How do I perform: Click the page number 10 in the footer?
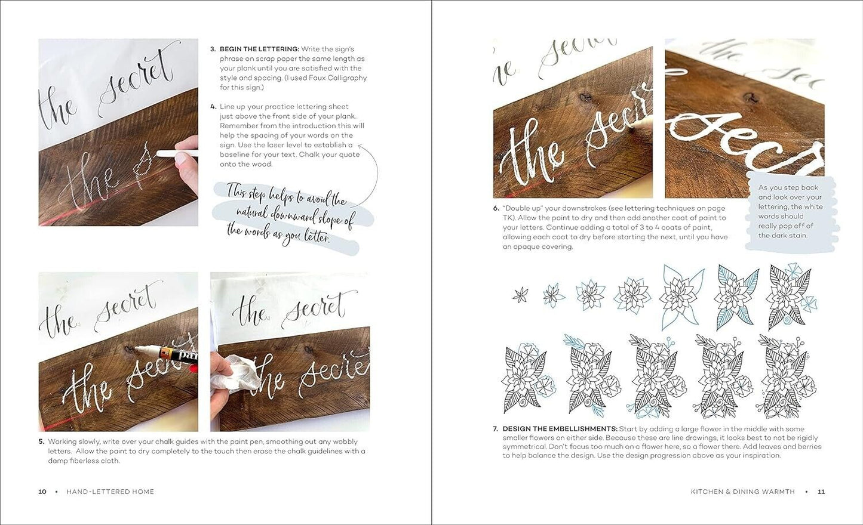(42, 492)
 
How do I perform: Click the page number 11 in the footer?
(821, 492)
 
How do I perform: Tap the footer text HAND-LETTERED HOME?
(110, 492)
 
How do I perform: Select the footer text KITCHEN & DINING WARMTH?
(742, 492)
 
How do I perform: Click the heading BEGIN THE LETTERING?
(259, 49)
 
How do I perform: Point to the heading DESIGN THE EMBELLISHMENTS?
(560, 429)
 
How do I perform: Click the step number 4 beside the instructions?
(213, 107)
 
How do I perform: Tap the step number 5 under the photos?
(41, 442)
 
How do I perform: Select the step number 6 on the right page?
(496, 208)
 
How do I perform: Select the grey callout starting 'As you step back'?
(791, 212)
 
